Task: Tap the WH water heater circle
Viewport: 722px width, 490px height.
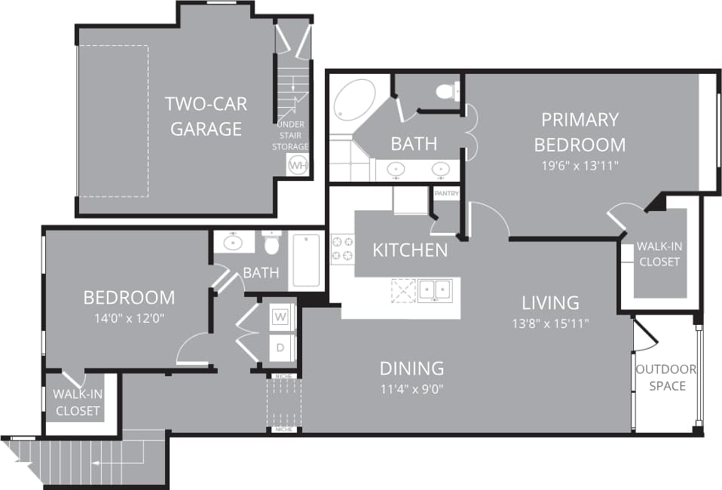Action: [x=298, y=165]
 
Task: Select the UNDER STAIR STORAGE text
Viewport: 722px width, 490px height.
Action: [x=290, y=135]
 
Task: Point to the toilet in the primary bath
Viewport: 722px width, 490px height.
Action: [x=448, y=91]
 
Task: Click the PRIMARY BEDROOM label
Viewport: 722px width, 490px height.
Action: [x=580, y=131]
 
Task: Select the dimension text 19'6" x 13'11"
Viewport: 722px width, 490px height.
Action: [x=580, y=166]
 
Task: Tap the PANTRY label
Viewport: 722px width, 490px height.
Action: [x=445, y=194]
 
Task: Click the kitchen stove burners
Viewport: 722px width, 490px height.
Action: [x=342, y=250]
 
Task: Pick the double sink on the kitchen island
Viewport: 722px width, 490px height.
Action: [x=435, y=289]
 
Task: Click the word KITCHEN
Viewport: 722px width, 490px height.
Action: [x=410, y=250]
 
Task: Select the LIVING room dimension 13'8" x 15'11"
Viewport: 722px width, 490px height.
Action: [x=550, y=323]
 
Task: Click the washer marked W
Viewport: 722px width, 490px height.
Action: [x=280, y=317]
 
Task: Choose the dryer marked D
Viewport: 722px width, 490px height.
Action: [x=280, y=348]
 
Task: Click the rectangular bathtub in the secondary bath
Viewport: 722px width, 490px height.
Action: [x=305, y=260]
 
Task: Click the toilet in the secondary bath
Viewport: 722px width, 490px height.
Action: [x=272, y=243]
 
